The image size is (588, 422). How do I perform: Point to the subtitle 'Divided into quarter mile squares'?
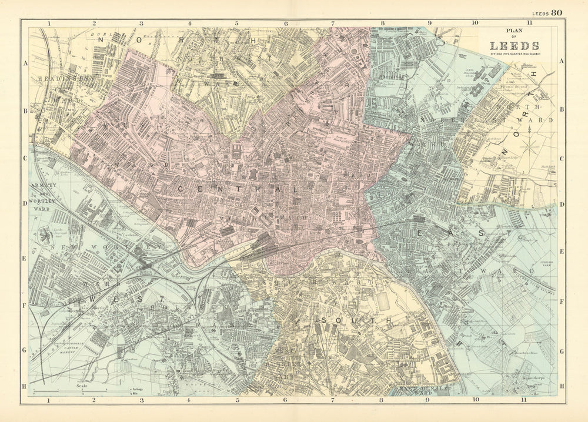pyautogui.click(x=516, y=54)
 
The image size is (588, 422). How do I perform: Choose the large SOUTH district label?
pyautogui.click(x=356, y=320)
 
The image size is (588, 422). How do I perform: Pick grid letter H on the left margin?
pyautogui.click(x=25, y=386)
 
